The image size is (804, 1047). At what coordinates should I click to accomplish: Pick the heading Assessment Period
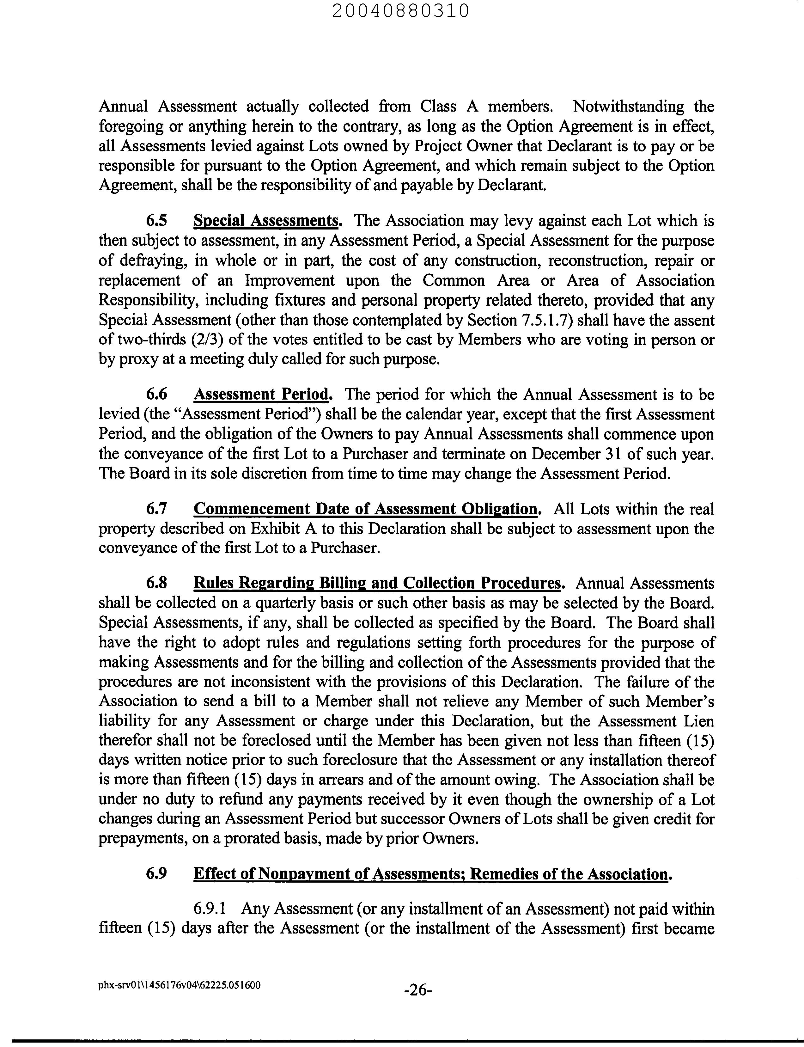pyautogui.click(x=261, y=395)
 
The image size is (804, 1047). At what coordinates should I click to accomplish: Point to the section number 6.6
pyautogui.click(x=156, y=395)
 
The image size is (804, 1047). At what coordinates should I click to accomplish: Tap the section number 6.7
pyautogui.click(x=156, y=509)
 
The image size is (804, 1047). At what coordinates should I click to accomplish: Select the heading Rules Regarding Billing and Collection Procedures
pyautogui.click(x=377, y=583)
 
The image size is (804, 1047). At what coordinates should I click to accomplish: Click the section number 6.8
pyautogui.click(x=156, y=583)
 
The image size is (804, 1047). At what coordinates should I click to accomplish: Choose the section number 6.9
pyautogui.click(x=156, y=874)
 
